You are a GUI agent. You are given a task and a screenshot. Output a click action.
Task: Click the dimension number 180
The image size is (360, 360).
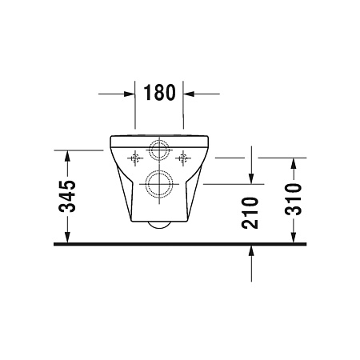pyautogui.click(x=160, y=93)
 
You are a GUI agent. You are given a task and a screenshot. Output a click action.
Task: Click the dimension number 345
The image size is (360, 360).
pyautogui.click(x=67, y=197)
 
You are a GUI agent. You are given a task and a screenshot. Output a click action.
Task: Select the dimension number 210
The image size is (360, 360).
pyautogui.click(x=250, y=213)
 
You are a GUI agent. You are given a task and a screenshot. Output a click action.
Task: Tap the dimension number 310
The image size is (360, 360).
pyautogui.click(x=293, y=199)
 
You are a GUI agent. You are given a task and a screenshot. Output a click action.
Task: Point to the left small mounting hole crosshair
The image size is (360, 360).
pyautogui.click(x=135, y=158)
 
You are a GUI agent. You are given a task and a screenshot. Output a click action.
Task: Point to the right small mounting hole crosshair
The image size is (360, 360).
pyautogui.click(x=183, y=158)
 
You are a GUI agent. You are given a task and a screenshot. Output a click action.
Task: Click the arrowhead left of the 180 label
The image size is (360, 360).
pyautogui.click(x=130, y=94)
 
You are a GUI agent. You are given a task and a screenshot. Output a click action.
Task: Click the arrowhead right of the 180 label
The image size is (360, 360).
pyautogui.click(x=189, y=94)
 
